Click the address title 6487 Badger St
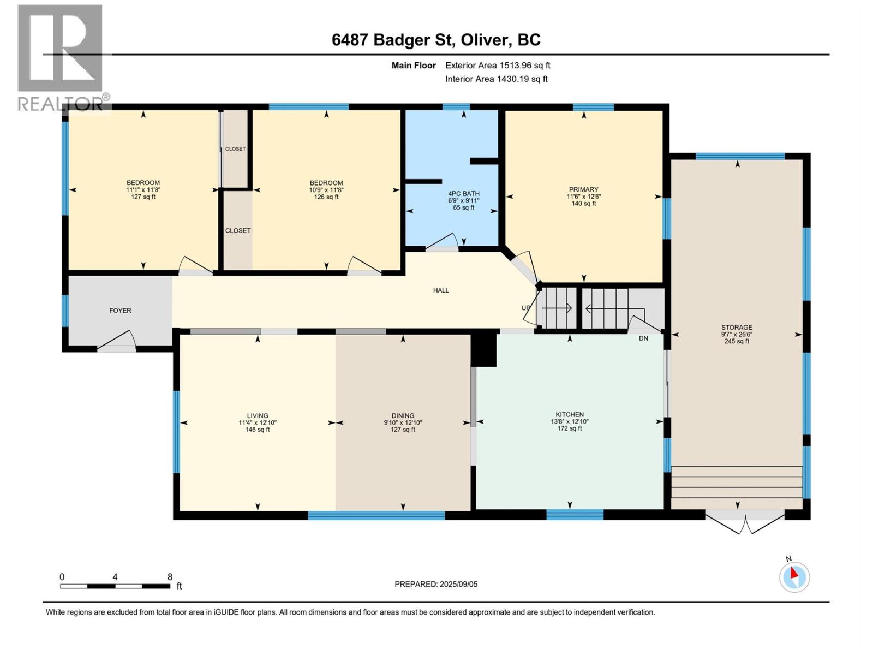[436, 40]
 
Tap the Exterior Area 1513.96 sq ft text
[498, 65]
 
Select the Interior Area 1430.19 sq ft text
[496, 79]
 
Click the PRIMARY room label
[583, 189]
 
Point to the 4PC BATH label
[463, 194]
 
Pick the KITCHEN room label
[570, 415]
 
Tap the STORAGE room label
[736, 327]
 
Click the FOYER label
[120, 311]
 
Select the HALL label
[441, 290]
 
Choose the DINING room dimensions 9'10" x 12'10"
[403, 422]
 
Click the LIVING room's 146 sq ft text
[258, 430]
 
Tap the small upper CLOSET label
[235, 149]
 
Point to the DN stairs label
[643, 338]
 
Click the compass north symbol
[794, 576]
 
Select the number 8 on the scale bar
[170, 577]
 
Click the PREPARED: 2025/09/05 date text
[436, 584]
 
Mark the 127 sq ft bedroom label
[143, 197]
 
